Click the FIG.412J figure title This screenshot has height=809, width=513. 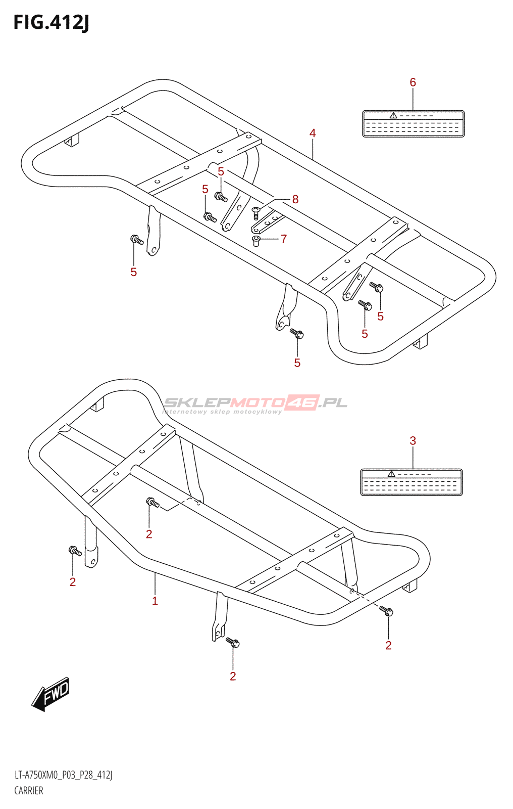pos(51,23)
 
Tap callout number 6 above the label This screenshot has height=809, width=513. pos(413,82)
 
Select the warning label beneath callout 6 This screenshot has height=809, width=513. pos(413,124)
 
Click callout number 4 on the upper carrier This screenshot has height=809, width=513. pos(313,133)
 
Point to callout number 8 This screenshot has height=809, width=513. pos(295,199)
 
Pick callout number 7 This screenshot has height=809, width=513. pos(284,239)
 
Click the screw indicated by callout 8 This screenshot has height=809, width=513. pos(256,213)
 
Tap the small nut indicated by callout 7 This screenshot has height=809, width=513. pos(256,241)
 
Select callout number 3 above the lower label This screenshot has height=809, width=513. pos(413,440)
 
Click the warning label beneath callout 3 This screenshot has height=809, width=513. pos(412,482)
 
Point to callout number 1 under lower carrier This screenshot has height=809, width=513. pos(155,601)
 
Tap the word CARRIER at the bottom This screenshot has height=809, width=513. pos(28,791)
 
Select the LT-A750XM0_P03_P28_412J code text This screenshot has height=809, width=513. pos(63,775)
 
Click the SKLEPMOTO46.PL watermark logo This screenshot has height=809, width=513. pos(255,404)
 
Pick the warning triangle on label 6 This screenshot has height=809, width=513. pos(393,116)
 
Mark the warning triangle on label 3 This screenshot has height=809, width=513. pos(391,474)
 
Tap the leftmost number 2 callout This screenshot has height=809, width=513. pos(73,582)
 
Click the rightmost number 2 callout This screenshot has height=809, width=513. pos(388,645)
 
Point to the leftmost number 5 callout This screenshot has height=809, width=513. pos(133,273)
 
